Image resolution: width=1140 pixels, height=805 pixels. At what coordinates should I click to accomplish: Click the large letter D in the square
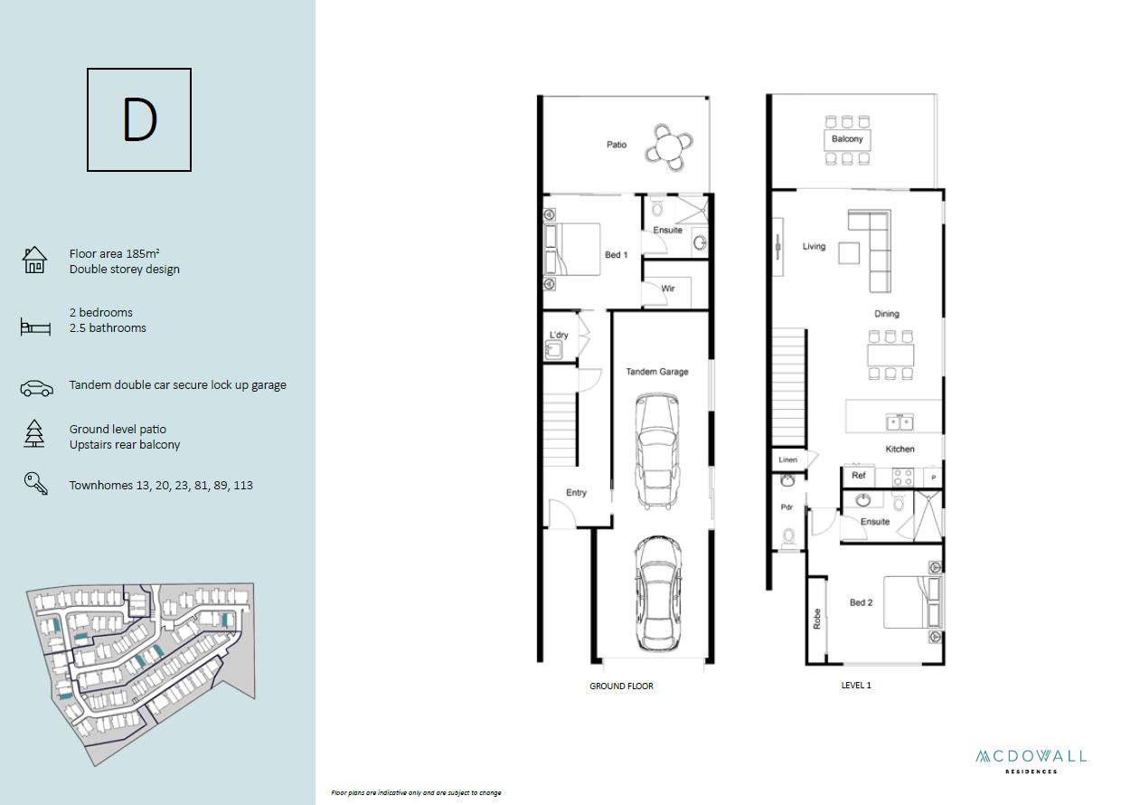pyautogui.click(x=139, y=119)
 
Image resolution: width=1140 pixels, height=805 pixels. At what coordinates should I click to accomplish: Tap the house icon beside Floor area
pyautogui.click(x=34, y=260)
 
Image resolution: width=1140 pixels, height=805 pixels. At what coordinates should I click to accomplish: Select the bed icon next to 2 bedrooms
pyautogui.click(x=35, y=327)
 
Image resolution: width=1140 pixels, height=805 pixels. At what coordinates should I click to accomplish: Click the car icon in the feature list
pyautogui.click(x=36, y=388)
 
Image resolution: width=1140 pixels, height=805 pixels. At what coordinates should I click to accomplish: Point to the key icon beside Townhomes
pyautogui.click(x=35, y=483)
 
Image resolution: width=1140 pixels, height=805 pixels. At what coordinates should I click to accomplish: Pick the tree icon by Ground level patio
pyautogui.click(x=34, y=434)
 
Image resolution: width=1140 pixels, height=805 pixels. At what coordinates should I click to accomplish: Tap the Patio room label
pyautogui.click(x=617, y=145)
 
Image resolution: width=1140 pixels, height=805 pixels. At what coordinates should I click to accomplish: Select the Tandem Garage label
pyautogui.click(x=657, y=372)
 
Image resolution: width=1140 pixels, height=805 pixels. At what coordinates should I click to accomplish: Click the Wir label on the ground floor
pyautogui.click(x=668, y=289)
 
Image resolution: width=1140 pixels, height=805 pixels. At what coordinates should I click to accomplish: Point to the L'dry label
pyautogui.click(x=559, y=335)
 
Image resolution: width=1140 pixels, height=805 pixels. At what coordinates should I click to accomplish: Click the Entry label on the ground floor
pyautogui.click(x=576, y=492)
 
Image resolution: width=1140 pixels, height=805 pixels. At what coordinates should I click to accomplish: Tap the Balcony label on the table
pyautogui.click(x=847, y=138)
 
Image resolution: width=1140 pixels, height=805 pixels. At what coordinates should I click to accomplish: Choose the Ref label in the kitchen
pyautogui.click(x=859, y=475)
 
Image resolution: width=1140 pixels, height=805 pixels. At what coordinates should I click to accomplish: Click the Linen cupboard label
pyautogui.click(x=787, y=459)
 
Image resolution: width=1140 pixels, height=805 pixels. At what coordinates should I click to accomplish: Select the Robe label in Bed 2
pyautogui.click(x=817, y=619)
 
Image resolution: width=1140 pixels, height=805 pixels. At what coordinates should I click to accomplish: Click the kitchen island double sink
pyautogui.click(x=900, y=421)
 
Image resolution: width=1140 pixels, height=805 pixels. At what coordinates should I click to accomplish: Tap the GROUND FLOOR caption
pyautogui.click(x=621, y=686)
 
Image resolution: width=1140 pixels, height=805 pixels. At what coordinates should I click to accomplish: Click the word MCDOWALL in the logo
pyautogui.click(x=1031, y=757)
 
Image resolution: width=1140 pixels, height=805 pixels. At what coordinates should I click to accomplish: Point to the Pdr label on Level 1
pyautogui.click(x=787, y=507)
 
